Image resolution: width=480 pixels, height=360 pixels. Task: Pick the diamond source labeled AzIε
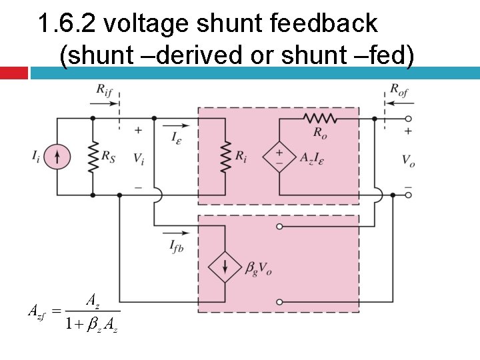pos(279,157)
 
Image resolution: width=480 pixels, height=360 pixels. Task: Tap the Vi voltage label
pos(138,159)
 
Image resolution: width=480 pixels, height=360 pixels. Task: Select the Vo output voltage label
pos(408,159)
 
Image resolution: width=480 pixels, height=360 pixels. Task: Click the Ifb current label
pos(177,249)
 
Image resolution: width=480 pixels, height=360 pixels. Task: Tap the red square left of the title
pos(13,73)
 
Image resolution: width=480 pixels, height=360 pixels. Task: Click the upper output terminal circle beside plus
pos(409,118)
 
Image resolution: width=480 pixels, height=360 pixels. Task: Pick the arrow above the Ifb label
pos(179,233)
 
